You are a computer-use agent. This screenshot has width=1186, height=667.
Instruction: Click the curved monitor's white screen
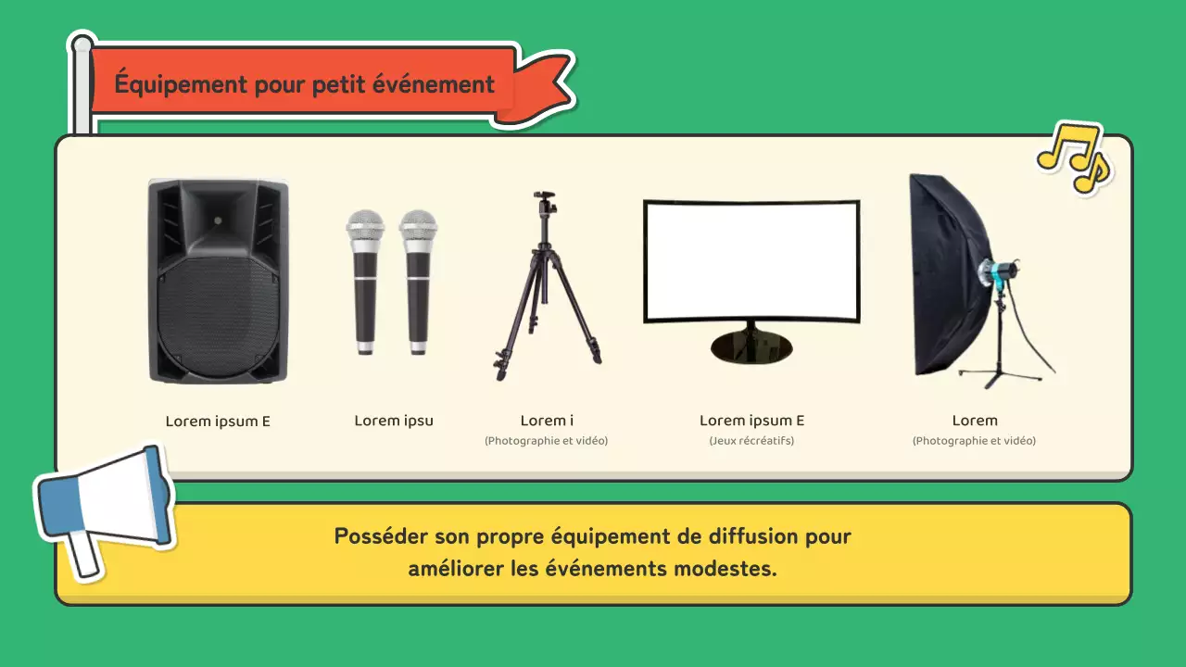tap(751, 259)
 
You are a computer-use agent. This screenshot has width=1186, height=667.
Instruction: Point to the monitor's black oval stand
tap(751, 346)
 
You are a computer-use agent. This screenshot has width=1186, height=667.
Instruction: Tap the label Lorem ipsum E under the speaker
tap(218, 421)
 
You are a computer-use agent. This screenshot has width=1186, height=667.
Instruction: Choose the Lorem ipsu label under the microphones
tap(394, 421)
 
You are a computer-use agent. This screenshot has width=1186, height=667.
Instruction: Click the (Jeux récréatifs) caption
tap(751, 441)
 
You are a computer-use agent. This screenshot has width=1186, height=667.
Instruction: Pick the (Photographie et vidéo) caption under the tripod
tap(546, 441)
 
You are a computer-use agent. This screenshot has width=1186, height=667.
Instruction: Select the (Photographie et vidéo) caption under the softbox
tap(974, 441)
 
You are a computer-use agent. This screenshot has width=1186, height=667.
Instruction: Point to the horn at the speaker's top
tap(218, 213)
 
